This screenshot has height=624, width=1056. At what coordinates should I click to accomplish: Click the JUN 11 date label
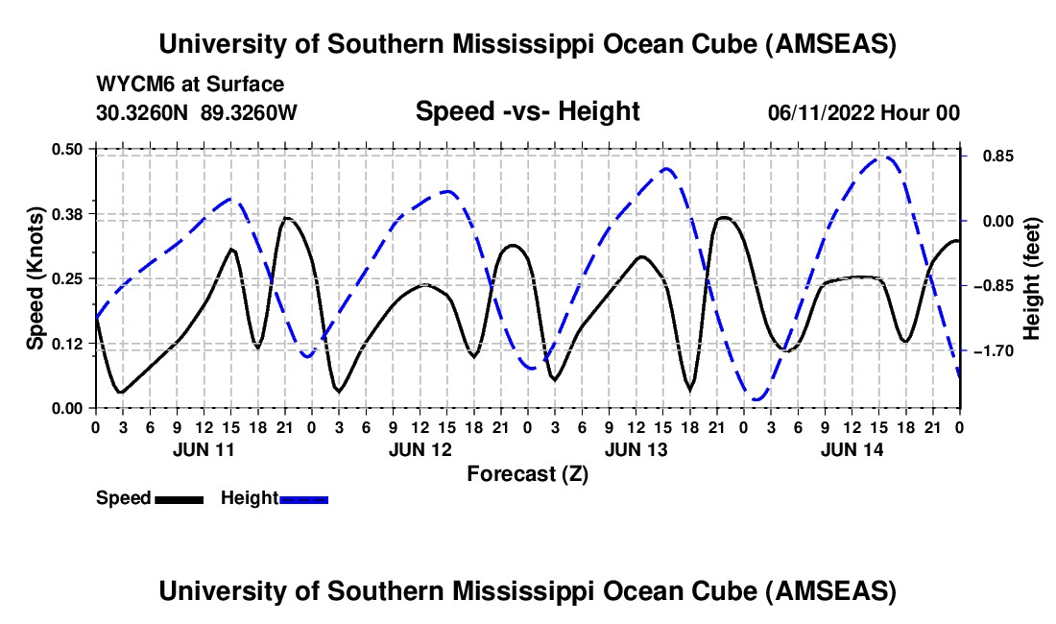203,448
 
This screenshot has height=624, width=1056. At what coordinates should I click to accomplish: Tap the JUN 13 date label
636,448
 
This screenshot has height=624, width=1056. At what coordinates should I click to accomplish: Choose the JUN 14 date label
852,448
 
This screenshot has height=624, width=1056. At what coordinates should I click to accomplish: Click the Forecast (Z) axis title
527,473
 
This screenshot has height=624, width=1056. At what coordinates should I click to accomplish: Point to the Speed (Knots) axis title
35,278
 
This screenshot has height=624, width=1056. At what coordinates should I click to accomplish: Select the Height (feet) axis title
1033,278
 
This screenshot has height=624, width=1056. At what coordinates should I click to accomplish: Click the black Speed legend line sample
178,498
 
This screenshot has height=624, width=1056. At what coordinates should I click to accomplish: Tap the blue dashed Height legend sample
303,498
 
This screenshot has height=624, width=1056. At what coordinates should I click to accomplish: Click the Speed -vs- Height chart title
527,111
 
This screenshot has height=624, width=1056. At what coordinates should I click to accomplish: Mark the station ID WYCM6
133,84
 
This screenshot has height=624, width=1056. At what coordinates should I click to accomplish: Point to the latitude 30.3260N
143,112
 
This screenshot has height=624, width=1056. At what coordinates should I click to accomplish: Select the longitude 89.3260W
250,112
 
